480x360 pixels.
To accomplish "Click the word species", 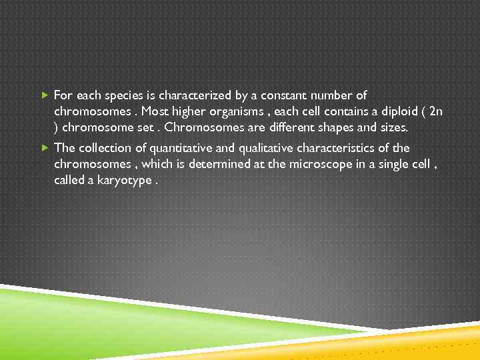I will click(x=123, y=96).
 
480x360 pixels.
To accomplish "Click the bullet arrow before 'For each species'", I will click(x=45, y=96).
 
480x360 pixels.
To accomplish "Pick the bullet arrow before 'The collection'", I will click(x=45, y=148).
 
